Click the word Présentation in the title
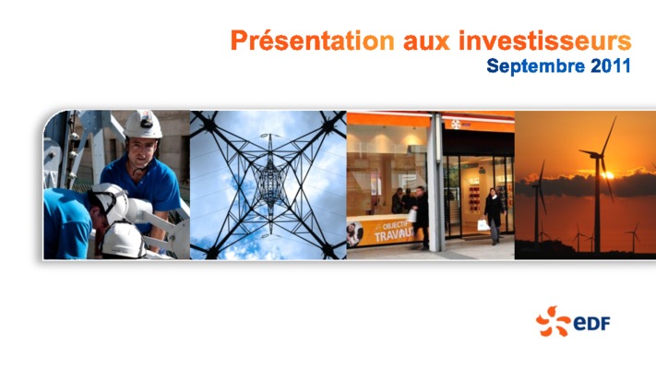(313, 41)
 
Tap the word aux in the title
(426, 42)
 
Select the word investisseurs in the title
(544, 41)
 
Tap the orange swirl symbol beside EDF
(553, 321)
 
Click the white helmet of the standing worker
(143, 125)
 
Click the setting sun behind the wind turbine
(608, 175)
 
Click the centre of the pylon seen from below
(270, 184)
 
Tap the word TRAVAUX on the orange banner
(394, 234)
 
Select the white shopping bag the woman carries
(483, 225)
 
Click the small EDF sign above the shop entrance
(461, 124)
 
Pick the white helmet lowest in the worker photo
(123, 240)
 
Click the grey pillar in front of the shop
(435, 182)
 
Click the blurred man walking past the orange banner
(421, 217)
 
